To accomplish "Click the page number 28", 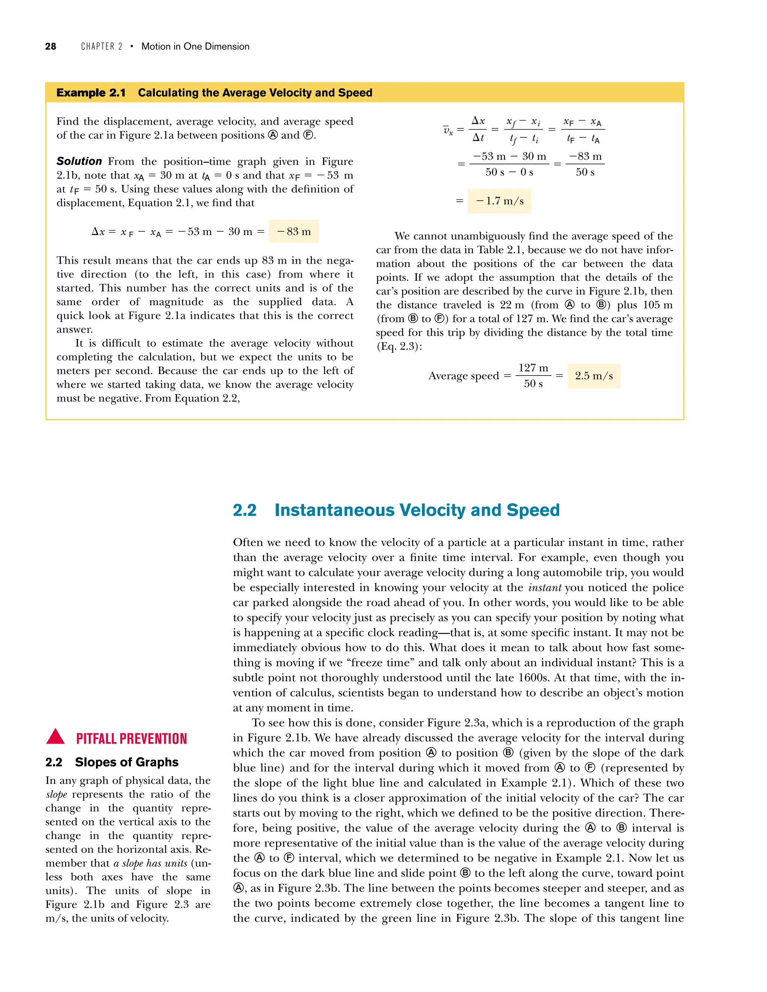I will coord(51,46).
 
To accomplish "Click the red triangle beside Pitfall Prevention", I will coord(55,737).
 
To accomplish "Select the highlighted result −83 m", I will coord(294,232).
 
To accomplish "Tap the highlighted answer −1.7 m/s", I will coord(499,201).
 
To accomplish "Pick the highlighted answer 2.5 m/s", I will coord(594,375).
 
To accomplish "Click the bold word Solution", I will coord(79,161).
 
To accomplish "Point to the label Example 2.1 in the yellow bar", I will coord(91,93).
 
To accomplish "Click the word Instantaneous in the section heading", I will coord(334,510).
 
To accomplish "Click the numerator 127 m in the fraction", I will coord(533,368).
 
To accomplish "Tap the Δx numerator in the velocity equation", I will coord(478,121).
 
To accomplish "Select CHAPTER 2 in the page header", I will coord(101,46).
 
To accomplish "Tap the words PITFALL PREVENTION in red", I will coord(131,739).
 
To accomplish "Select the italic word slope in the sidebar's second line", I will coord(56,794).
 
